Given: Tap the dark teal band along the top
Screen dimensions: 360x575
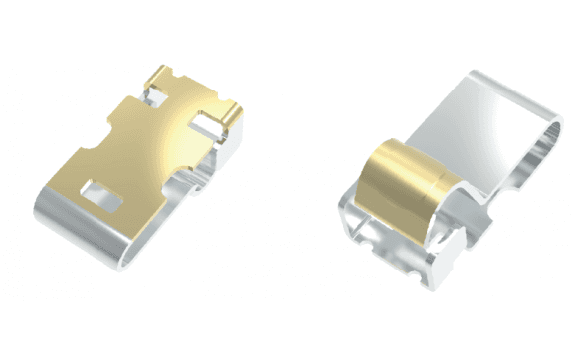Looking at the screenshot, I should click(287, 28).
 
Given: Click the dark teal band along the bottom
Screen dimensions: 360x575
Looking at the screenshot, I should click(287, 331).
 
